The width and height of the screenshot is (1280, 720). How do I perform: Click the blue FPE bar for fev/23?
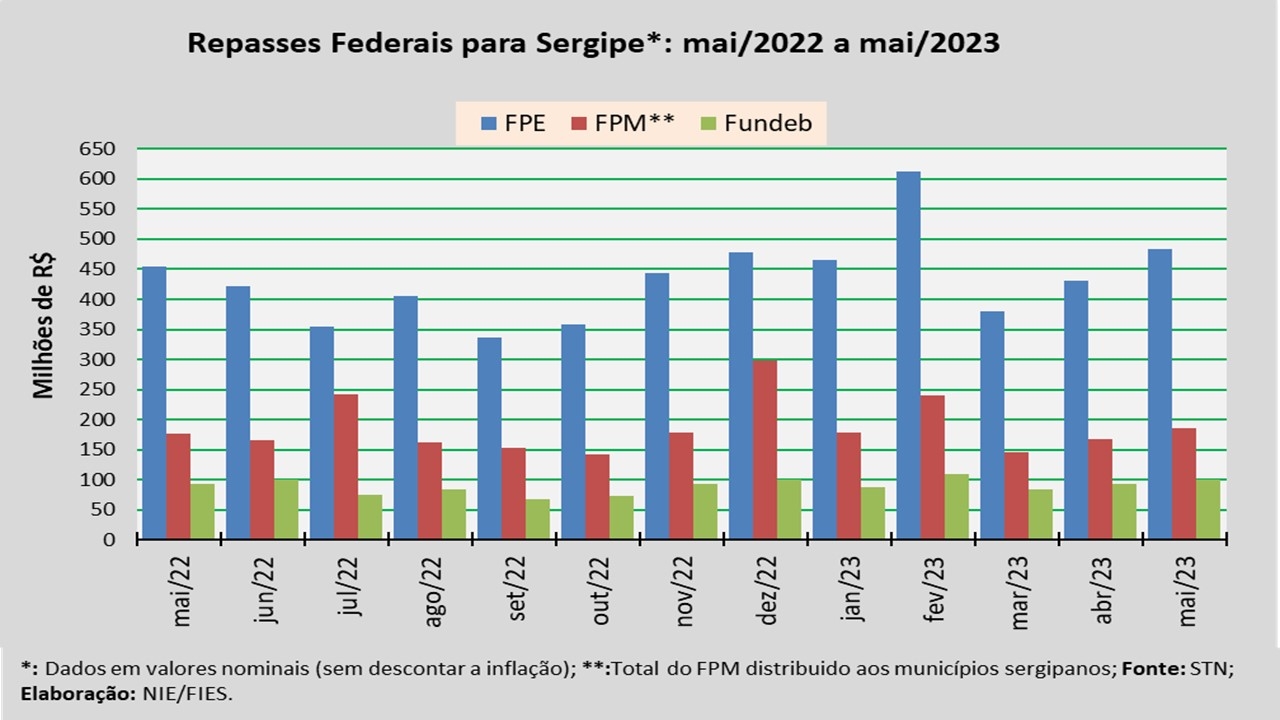(908, 356)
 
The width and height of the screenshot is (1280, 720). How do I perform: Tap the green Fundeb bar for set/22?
(538, 519)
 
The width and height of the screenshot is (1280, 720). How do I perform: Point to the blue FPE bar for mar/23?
(992, 426)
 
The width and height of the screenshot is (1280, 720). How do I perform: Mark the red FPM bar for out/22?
(597, 497)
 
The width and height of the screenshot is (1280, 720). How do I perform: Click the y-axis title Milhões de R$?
(44, 326)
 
